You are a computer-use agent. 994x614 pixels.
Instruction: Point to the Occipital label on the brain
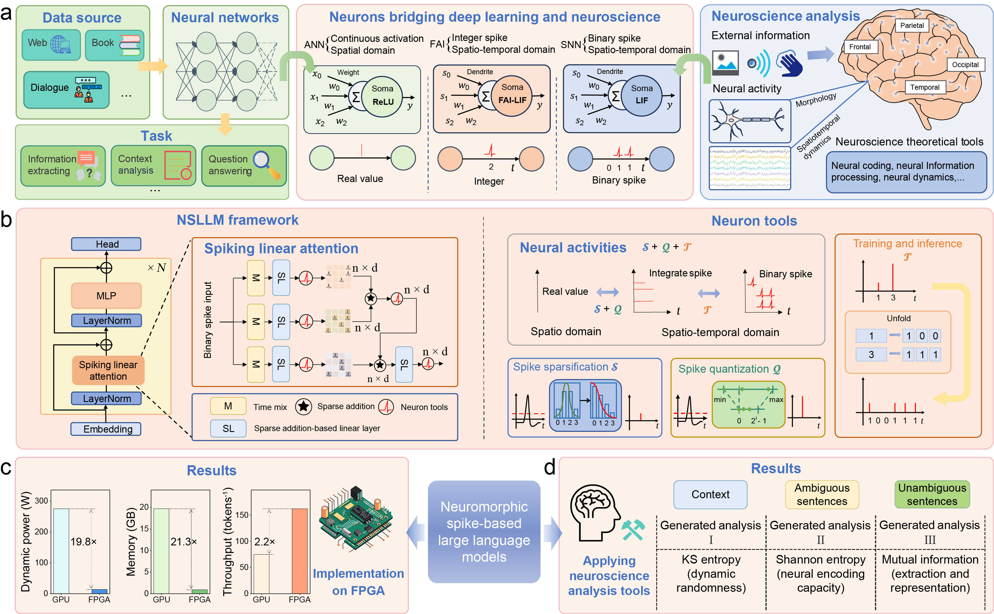tap(965, 64)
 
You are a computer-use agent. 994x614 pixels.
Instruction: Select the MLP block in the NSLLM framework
tap(106, 296)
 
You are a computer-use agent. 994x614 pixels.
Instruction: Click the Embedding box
tap(106, 429)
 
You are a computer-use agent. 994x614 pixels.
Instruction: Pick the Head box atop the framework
tap(106, 244)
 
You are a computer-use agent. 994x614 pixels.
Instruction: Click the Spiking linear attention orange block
tap(108, 370)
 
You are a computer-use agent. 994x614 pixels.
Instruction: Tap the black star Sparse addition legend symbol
tap(303, 406)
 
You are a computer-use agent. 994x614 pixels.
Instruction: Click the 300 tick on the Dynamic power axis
tap(41, 501)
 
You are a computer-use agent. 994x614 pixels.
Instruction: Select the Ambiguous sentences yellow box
tap(822, 494)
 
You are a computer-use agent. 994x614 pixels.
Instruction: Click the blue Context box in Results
tap(710, 494)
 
